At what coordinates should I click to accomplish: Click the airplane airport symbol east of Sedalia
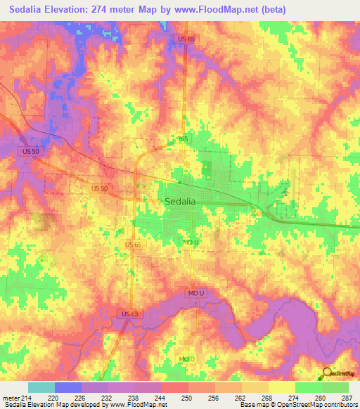[285, 190]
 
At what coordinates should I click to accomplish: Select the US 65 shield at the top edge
[186, 39]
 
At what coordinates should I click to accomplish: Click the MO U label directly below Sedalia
[191, 242]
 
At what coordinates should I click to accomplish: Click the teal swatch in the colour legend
[41, 387]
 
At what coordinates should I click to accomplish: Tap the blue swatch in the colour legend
[67, 387]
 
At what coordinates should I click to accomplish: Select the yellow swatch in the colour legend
[281, 387]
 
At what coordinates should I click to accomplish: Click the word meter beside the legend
[11, 397]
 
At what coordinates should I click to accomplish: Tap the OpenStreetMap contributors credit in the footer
[316, 405]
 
